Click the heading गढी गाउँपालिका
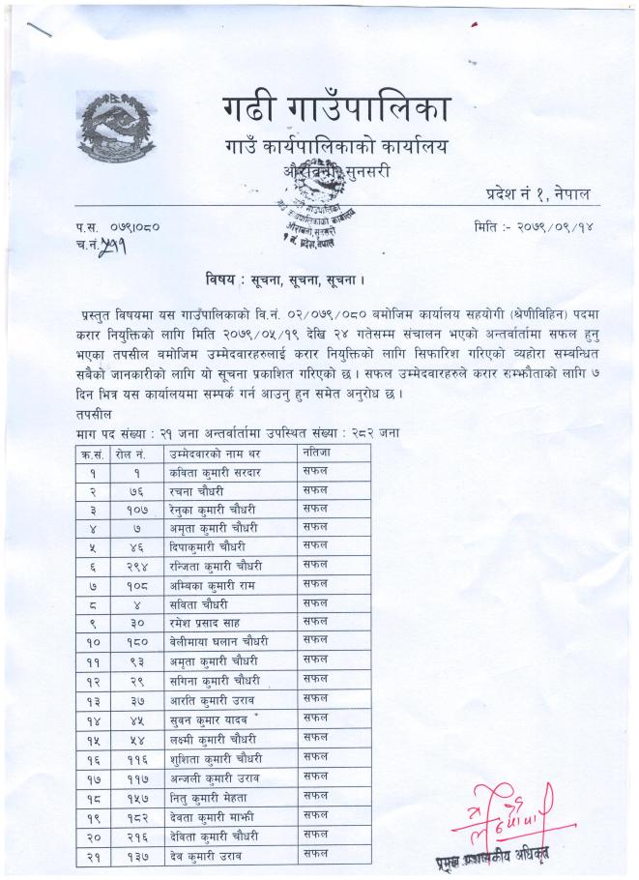pyautogui.click(x=335, y=110)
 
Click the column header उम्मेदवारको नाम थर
pyautogui.click(x=216, y=453)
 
